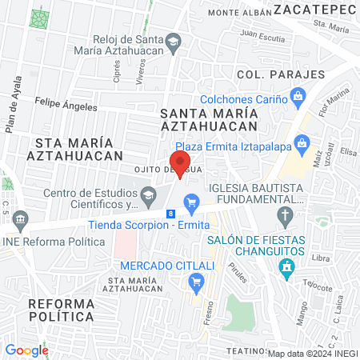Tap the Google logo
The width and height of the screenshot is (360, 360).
point(26,350)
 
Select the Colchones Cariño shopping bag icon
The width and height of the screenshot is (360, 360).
point(298,98)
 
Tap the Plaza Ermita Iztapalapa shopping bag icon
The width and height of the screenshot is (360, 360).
point(302,145)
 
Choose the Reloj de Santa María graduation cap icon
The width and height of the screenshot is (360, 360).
point(173,42)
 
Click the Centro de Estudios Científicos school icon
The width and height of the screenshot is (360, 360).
point(148,194)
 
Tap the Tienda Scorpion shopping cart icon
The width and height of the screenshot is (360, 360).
point(190,202)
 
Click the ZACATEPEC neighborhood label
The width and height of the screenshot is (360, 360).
point(314,9)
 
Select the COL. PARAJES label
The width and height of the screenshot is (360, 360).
point(280,74)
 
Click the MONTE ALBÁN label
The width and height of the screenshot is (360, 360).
point(237,13)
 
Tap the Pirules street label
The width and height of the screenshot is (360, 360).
point(238,274)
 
